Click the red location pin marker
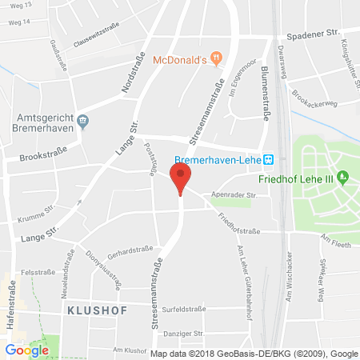[x=181, y=178]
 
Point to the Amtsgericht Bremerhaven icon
[x=85, y=122]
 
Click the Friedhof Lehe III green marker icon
[x=344, y=176]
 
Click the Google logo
[x=26, y=350]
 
